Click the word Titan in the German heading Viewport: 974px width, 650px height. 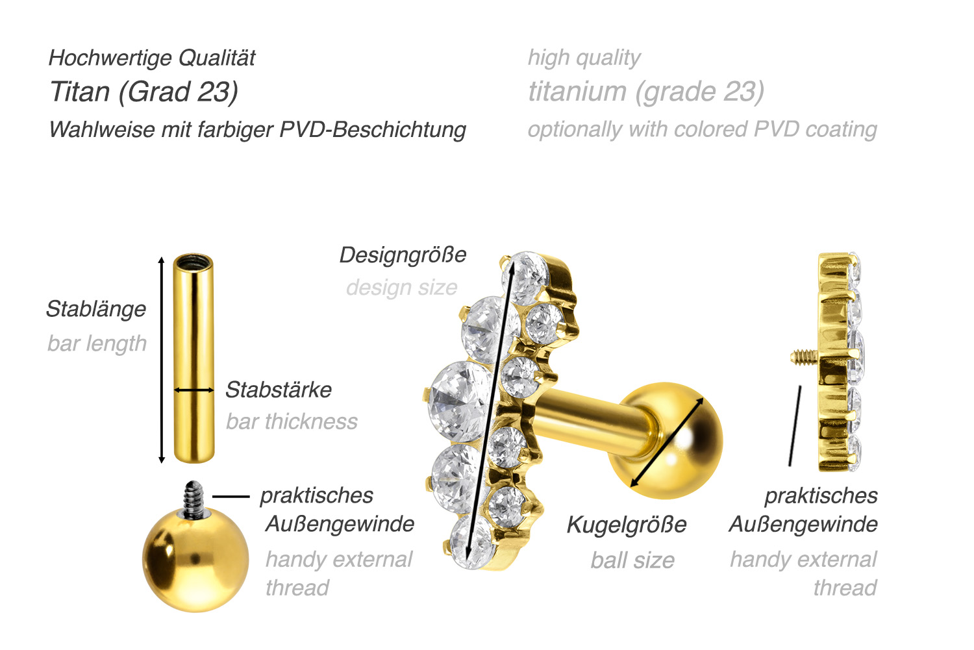pyautogui.click(x=80, y=92)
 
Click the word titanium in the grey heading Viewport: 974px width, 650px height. pyautogui.click(x=577, y=92)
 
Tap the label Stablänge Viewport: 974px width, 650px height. pyautogui.click(x=96, y=309)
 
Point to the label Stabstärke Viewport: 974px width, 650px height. pyautogui.click(x=279, y=390)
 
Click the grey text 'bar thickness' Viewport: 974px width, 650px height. pyautogui.click(x=292, y=421)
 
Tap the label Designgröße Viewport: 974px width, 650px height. pyautogui.click(x=403, y=255)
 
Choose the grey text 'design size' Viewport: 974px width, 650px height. pyautogui.click(x=402, y=288)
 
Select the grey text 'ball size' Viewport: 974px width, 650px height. pyautogui.click(x=632, y=560)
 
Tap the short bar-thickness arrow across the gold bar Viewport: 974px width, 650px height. pyautogui.click(x=194, y=390)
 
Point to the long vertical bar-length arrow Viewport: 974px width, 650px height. pyautogui.click(x=161, y=360)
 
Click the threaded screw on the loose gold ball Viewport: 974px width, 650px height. pyautogui.click(x=194, y=499)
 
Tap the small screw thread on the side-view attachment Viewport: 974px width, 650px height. pyautogui.click(x=805, y=357)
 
